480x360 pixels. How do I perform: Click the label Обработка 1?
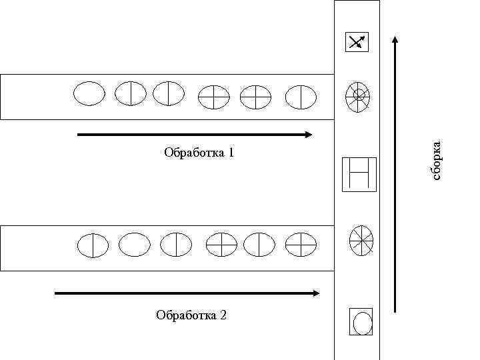199,153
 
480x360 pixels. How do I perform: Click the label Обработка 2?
191,315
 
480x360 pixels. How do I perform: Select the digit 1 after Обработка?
231,153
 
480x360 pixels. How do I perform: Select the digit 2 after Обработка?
223,315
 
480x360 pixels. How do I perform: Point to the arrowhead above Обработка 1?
308,135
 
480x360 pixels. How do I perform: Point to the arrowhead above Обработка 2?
315,293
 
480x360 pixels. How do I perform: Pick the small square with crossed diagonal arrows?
356,42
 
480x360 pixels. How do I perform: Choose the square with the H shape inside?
359,174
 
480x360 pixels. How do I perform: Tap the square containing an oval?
361,321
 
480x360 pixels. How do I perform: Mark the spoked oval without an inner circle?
362,240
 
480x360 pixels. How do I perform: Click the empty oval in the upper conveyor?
89,93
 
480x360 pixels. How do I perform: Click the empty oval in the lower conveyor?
135,245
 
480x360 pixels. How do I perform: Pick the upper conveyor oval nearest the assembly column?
301,97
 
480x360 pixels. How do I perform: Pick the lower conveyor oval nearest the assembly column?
300,245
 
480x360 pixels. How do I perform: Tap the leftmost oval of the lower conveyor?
92,245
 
